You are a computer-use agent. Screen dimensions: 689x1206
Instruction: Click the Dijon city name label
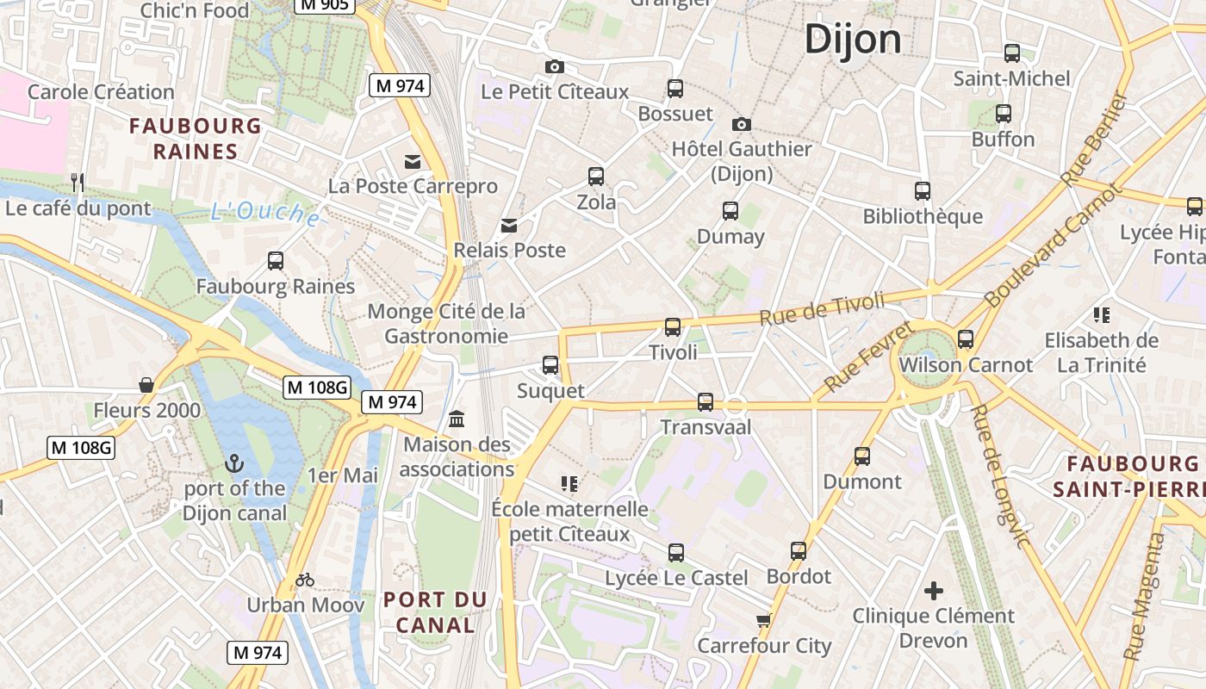click(x=853, y=40)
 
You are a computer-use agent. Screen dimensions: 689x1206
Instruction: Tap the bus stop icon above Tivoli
click(x=673, y=327)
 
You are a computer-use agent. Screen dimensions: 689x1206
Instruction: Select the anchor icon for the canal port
click(x=233, y=464)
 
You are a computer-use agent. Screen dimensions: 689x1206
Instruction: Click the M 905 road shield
click(x=324, y=5)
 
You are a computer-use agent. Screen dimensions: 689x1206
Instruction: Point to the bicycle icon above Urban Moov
click(x=305, y=580)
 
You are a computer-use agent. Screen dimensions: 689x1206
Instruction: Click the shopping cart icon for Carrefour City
click(x=763, y=621)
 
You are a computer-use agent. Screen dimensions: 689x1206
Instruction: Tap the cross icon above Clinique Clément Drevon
click(x=934, y=591)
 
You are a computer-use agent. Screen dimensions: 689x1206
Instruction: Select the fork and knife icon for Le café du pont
click(x=78, y=182)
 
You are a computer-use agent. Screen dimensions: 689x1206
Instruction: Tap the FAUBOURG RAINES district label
click(x=196, y=139)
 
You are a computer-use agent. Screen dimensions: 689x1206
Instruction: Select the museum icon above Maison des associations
click(x=457, y=419)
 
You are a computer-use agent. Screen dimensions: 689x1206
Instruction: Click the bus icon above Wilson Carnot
click(x=966, y=339)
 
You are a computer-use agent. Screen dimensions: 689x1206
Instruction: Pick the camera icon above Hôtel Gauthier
click(x=741, y=125)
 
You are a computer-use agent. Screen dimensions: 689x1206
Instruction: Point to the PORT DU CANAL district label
click(x=435, y=611)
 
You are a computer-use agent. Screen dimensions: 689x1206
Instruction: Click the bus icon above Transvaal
click(x=706, y=401)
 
